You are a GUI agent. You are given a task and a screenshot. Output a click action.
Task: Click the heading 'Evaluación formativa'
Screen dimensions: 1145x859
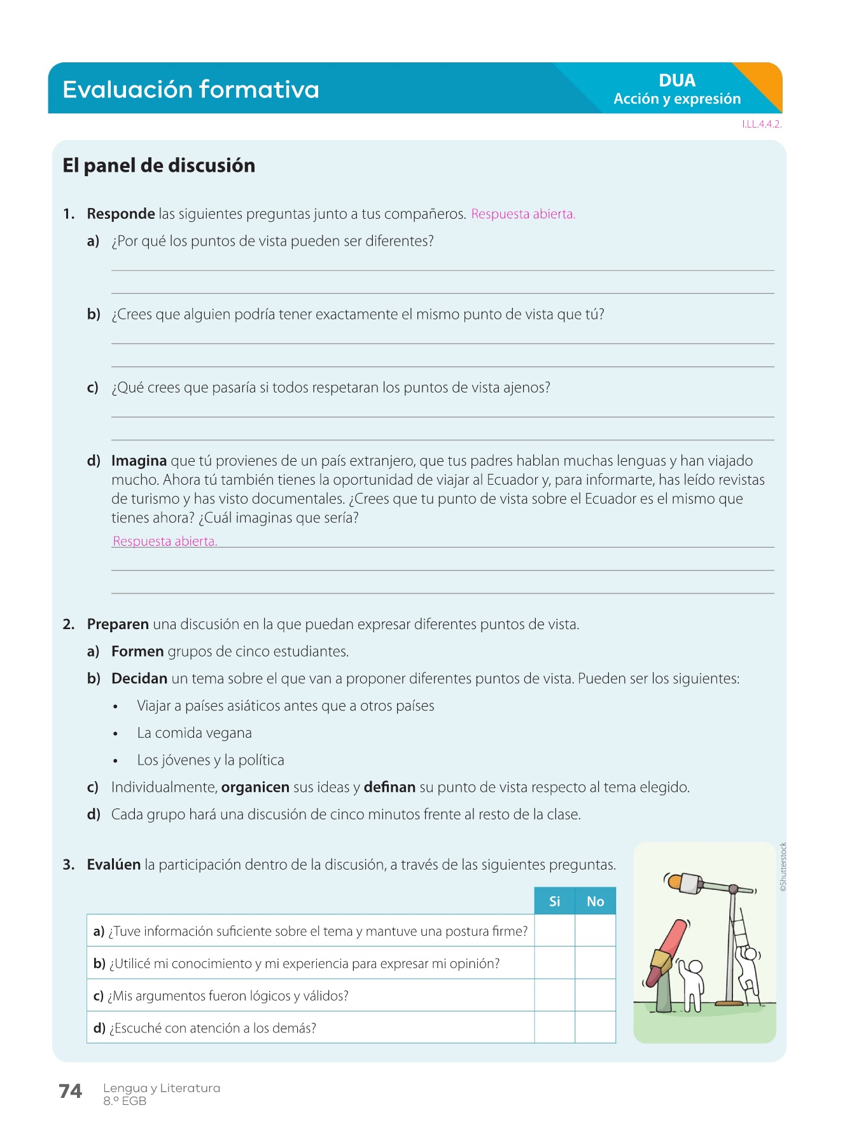coord(190,89)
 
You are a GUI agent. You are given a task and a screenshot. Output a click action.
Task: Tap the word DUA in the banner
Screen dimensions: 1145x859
coord(676,80)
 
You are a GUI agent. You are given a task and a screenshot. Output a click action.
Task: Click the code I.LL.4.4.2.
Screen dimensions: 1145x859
coord(761,124)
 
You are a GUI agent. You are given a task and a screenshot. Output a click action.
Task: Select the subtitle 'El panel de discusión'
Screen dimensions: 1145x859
coord(158,165)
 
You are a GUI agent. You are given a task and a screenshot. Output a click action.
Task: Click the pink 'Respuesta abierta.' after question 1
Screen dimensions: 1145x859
coord(522,214)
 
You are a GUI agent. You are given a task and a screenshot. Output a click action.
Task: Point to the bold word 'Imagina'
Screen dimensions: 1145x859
coord(139,461)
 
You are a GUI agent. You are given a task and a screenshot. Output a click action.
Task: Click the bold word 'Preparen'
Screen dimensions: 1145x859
coord(118,624)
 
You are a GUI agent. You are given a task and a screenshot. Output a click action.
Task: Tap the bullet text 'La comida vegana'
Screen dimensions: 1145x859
coord(194,733)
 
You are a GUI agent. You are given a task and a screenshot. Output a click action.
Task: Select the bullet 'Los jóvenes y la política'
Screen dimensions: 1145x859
coord(210,760)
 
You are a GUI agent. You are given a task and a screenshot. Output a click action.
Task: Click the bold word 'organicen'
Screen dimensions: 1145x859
coord(255,787)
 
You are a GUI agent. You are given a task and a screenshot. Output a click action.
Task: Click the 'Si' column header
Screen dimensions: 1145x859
coord(554,901)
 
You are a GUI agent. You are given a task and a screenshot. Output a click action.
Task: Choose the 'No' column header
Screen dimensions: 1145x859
coord(595,901)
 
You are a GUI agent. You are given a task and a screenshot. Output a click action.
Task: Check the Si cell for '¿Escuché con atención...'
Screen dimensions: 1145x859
coord(554,1027)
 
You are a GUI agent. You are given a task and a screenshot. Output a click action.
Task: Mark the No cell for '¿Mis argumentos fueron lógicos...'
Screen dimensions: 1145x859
coord(595,995)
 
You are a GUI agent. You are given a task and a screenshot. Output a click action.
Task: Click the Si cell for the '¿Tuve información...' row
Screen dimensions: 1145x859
coord(554,931)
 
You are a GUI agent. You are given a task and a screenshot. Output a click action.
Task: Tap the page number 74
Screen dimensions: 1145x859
coord(70,1091)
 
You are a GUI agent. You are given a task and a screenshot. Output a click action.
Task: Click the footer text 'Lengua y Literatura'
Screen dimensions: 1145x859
coord(162,1088)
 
